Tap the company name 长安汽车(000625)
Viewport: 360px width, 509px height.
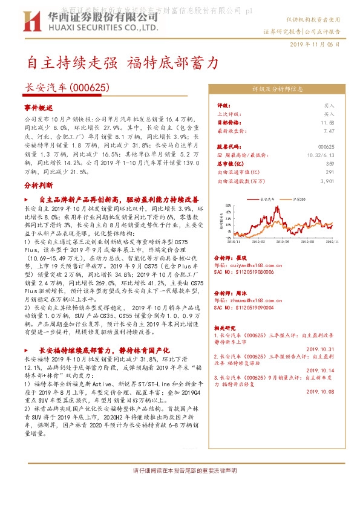pyautogui.click(x=67, y=87)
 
